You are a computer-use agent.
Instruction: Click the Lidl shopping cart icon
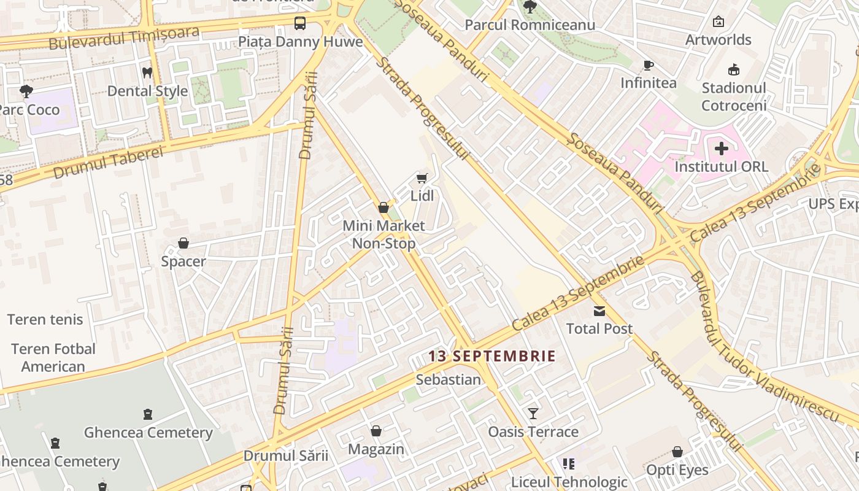click(421, 178)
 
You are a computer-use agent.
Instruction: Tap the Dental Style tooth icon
click(147, 72)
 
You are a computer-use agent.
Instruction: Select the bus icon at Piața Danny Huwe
click(299, 23)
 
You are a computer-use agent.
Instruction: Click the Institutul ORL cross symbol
click(722, 149)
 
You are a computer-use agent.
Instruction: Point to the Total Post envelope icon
click(599, 311)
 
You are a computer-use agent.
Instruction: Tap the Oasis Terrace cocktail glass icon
click(533, 413)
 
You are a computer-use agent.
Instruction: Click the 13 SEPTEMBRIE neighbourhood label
click(491, 356)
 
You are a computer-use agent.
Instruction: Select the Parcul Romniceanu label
click(530, 25)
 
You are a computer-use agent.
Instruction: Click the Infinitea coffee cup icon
click(648, 65)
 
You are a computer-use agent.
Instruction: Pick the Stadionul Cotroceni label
click(734, 96)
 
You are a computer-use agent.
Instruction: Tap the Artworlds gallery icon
click(718, 22)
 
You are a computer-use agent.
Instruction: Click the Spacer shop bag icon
click(183, 244)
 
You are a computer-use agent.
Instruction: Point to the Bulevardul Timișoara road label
click(123, 38)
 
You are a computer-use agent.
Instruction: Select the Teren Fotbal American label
click(53, 357)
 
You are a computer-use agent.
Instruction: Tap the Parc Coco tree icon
click(26, 92)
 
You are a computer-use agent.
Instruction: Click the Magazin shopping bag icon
click(376, 431)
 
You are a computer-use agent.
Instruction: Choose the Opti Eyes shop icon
click(677, 452)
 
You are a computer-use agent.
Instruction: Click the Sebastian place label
click(448, 379)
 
